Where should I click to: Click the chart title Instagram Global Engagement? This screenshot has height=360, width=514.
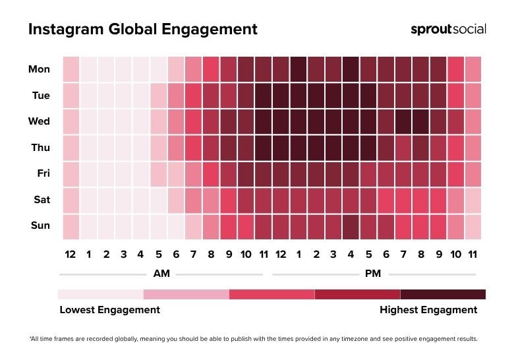point(142,30)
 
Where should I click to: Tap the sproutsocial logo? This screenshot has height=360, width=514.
point(448,29)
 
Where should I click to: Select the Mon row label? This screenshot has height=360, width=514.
point(39,69)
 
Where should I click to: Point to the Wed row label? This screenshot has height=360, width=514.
point(39,121)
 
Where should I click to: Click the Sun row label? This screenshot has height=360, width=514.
point(40,225)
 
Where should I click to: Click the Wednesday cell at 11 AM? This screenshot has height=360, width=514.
point(263,121)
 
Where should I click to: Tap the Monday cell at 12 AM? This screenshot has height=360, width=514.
point(71,69)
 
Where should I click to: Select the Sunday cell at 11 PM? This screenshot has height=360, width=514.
point(472,226)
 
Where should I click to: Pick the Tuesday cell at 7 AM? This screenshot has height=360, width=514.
point(193,96)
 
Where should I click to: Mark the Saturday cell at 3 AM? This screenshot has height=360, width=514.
point(123,200)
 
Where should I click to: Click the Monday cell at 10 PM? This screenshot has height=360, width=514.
point(455,69)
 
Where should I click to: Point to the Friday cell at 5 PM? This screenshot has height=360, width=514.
point(368,174)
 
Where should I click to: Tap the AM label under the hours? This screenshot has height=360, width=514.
point(160,273)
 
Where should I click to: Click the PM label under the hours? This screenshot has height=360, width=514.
point(374,273)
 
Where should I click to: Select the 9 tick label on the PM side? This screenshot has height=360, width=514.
point(438,255)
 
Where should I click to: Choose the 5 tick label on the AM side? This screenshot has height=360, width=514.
point(158,255)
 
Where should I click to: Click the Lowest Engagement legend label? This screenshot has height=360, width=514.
point(109,309)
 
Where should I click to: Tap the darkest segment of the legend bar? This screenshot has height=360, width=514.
point(443,294)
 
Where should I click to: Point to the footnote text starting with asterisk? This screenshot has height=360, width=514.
point(253,339)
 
